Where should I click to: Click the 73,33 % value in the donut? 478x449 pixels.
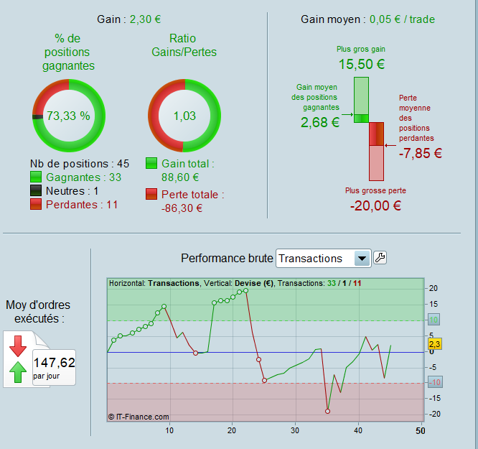[x=69, y=116]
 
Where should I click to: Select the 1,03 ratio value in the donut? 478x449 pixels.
[x=184, y=116]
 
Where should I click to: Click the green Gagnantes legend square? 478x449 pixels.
[x=37, y=177]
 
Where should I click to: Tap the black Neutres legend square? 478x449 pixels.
[x=37, y=190]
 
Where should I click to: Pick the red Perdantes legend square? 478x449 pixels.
[x=37, y=204]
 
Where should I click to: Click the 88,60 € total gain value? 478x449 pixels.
[x=180, y=177]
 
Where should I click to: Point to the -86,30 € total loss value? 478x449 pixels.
[x=182, y=208]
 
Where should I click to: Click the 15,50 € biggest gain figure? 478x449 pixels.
[x=361, y=64]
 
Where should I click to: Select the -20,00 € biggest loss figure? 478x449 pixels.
[x=375, y=205]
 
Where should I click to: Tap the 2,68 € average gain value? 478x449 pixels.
[x=320, y=122]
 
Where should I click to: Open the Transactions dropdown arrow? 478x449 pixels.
[x=362, y=259]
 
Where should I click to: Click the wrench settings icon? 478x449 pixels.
[x=380, y=258]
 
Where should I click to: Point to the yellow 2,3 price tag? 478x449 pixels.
[x=434, y=343]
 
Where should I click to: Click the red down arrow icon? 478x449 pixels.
[x=18, y=345]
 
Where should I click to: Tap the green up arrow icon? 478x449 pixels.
[x=18, y=373]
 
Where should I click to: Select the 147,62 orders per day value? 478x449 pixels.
[x=54, y=362]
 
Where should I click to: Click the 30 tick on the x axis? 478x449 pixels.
[x=295, y=430]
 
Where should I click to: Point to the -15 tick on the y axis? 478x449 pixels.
[x=432, y=398]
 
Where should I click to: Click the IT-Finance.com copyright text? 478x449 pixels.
[x=139, y=416]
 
